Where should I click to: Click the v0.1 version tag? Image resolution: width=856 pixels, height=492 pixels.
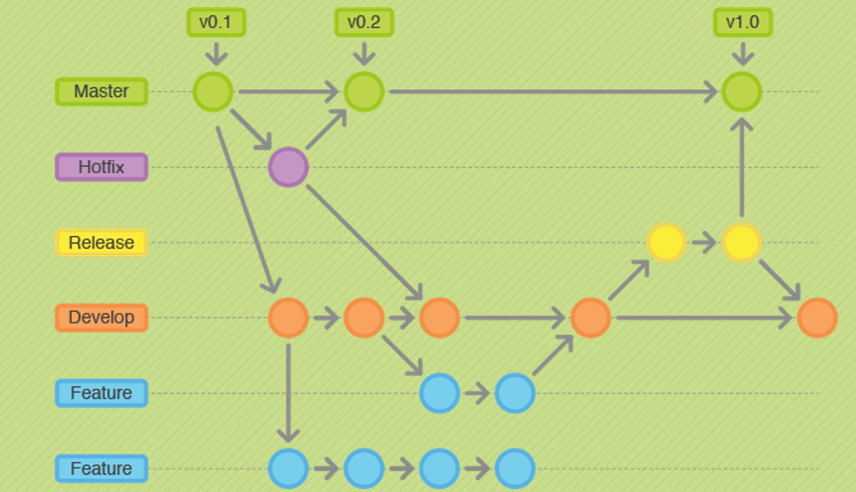pyautogui.click(x=216, y=22)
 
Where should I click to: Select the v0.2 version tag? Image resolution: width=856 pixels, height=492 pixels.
pyautogui.click(x=364, y=22)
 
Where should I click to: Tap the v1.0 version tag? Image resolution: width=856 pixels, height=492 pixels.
pyautogui.click(x=742, y=22)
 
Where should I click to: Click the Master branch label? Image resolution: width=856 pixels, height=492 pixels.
pyautogui.click(x=101, y=92)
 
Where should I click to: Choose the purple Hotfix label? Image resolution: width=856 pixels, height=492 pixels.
pyautogui.click(x=101, y=168)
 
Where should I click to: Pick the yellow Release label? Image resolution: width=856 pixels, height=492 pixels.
pyautogui.click(x=101, y=243)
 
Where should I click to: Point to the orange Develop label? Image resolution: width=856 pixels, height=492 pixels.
pyautogui.click(x=101, y=317)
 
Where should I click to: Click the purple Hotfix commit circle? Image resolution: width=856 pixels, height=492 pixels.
pyautogui.click(x=288, y=168)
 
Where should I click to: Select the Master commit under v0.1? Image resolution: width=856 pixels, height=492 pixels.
pyautogui.click(x=213, y=92)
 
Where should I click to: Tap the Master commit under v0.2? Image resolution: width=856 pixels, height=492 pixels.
pyautogui.click(x=364, y=92)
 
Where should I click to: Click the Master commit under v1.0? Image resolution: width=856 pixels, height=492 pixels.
pyautogui.click(x=742, y=92)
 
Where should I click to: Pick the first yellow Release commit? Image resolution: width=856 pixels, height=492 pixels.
pyautogui.click(x=666, y=243)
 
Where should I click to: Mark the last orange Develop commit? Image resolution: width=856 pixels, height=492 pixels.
pyautogui.click(x=817, y=318)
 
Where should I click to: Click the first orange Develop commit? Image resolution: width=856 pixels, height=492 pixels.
pyautogui.click(x=288, y=318)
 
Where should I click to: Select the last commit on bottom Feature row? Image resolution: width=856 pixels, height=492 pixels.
pyautogui.click(x=515, y=469)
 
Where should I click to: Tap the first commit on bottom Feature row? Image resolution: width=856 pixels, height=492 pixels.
pyautogui.click(x=288, y=469)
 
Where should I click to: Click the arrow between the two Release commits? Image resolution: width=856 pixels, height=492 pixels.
pyautogui.click(x=703, y=243)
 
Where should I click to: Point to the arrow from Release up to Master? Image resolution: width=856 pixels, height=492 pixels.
pyautogui.click(x=742, y=168)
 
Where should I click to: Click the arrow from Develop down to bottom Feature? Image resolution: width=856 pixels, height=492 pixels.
pyautogui.click(x=288, y=392)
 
